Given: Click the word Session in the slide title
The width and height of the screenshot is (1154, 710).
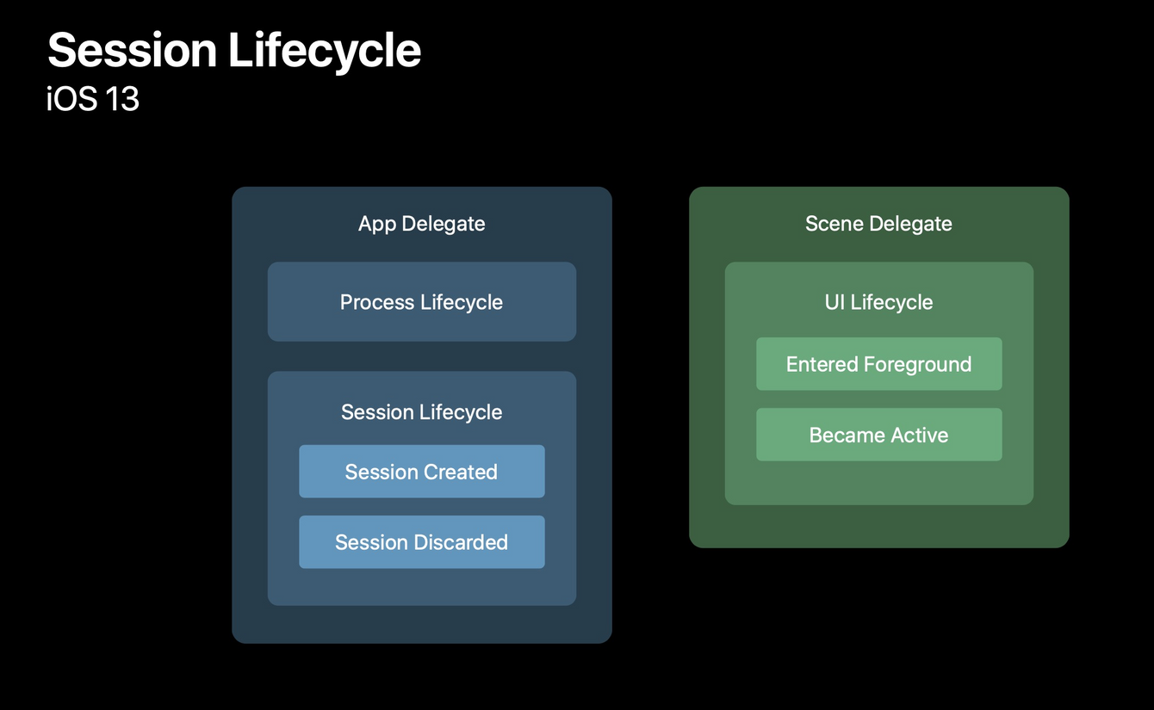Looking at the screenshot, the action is point(133,50).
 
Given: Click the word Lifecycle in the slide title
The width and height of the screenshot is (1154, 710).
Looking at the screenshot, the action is point(325,52).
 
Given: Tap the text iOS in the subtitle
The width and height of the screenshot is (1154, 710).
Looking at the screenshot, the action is point(71,98).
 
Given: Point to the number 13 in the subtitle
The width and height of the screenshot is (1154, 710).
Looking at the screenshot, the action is point(122,99).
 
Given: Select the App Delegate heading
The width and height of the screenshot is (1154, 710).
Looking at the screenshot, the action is point(421,224).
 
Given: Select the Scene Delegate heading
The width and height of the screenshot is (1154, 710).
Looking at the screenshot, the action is point(878,224).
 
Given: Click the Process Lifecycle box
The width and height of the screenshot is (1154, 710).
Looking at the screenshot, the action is point(422,302).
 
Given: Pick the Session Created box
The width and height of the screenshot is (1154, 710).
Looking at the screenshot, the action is point(422,471).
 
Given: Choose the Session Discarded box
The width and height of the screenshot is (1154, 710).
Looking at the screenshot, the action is point(422,542).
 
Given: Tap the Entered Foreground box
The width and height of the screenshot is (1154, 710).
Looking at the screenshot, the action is point(879,364).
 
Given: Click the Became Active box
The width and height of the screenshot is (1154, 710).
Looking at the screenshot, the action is point(879,435).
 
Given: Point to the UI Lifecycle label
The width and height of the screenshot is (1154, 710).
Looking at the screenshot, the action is point(878,303).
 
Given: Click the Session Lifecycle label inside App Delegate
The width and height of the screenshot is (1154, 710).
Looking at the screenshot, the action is point(421,412).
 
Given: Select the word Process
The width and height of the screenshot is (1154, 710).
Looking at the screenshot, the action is point(377,302).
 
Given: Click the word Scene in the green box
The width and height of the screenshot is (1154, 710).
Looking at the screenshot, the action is point(834,224).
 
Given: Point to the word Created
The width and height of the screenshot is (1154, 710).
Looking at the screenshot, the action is point(460,472).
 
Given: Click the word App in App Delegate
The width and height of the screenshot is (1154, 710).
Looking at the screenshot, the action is point(377,225).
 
